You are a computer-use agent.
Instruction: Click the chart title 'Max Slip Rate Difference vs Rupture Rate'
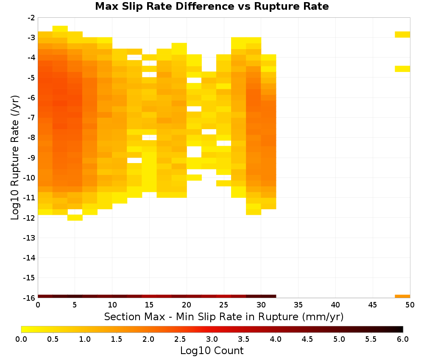(x=212, y=6)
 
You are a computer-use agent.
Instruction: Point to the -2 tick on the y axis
(x=31, y=18)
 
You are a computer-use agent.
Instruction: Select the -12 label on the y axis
(x=29, y=218)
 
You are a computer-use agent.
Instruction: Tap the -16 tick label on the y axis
(x=29, y=298)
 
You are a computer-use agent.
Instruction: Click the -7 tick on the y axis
(x=31, y=118)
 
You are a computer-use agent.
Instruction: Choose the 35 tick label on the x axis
(x=298, y=305)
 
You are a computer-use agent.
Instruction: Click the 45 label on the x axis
(x=373, y=305)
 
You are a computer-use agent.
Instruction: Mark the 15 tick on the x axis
(x=149, y=305)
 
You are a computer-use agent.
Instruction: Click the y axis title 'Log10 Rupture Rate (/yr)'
(x=15, y=158)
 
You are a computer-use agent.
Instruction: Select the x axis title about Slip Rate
(x=223, y=317)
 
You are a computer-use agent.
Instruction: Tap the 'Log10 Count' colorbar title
(x=212, y=351)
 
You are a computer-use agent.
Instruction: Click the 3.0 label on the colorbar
(x=212, y=339)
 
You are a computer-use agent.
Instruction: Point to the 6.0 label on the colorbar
(x=403, y=339)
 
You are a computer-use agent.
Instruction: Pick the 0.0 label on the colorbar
(x=21, y=339)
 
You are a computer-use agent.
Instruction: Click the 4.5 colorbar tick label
(x=307, y=339)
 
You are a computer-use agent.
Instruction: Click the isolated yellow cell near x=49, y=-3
(x=402, y=34)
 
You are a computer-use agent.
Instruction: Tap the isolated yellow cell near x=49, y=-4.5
(x=402, y=69)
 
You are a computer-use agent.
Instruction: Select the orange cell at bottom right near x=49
(x=402, y=296)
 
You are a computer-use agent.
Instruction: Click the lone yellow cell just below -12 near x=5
(x=75, y=218)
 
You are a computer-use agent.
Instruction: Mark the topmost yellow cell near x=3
(x=60, y=29)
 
